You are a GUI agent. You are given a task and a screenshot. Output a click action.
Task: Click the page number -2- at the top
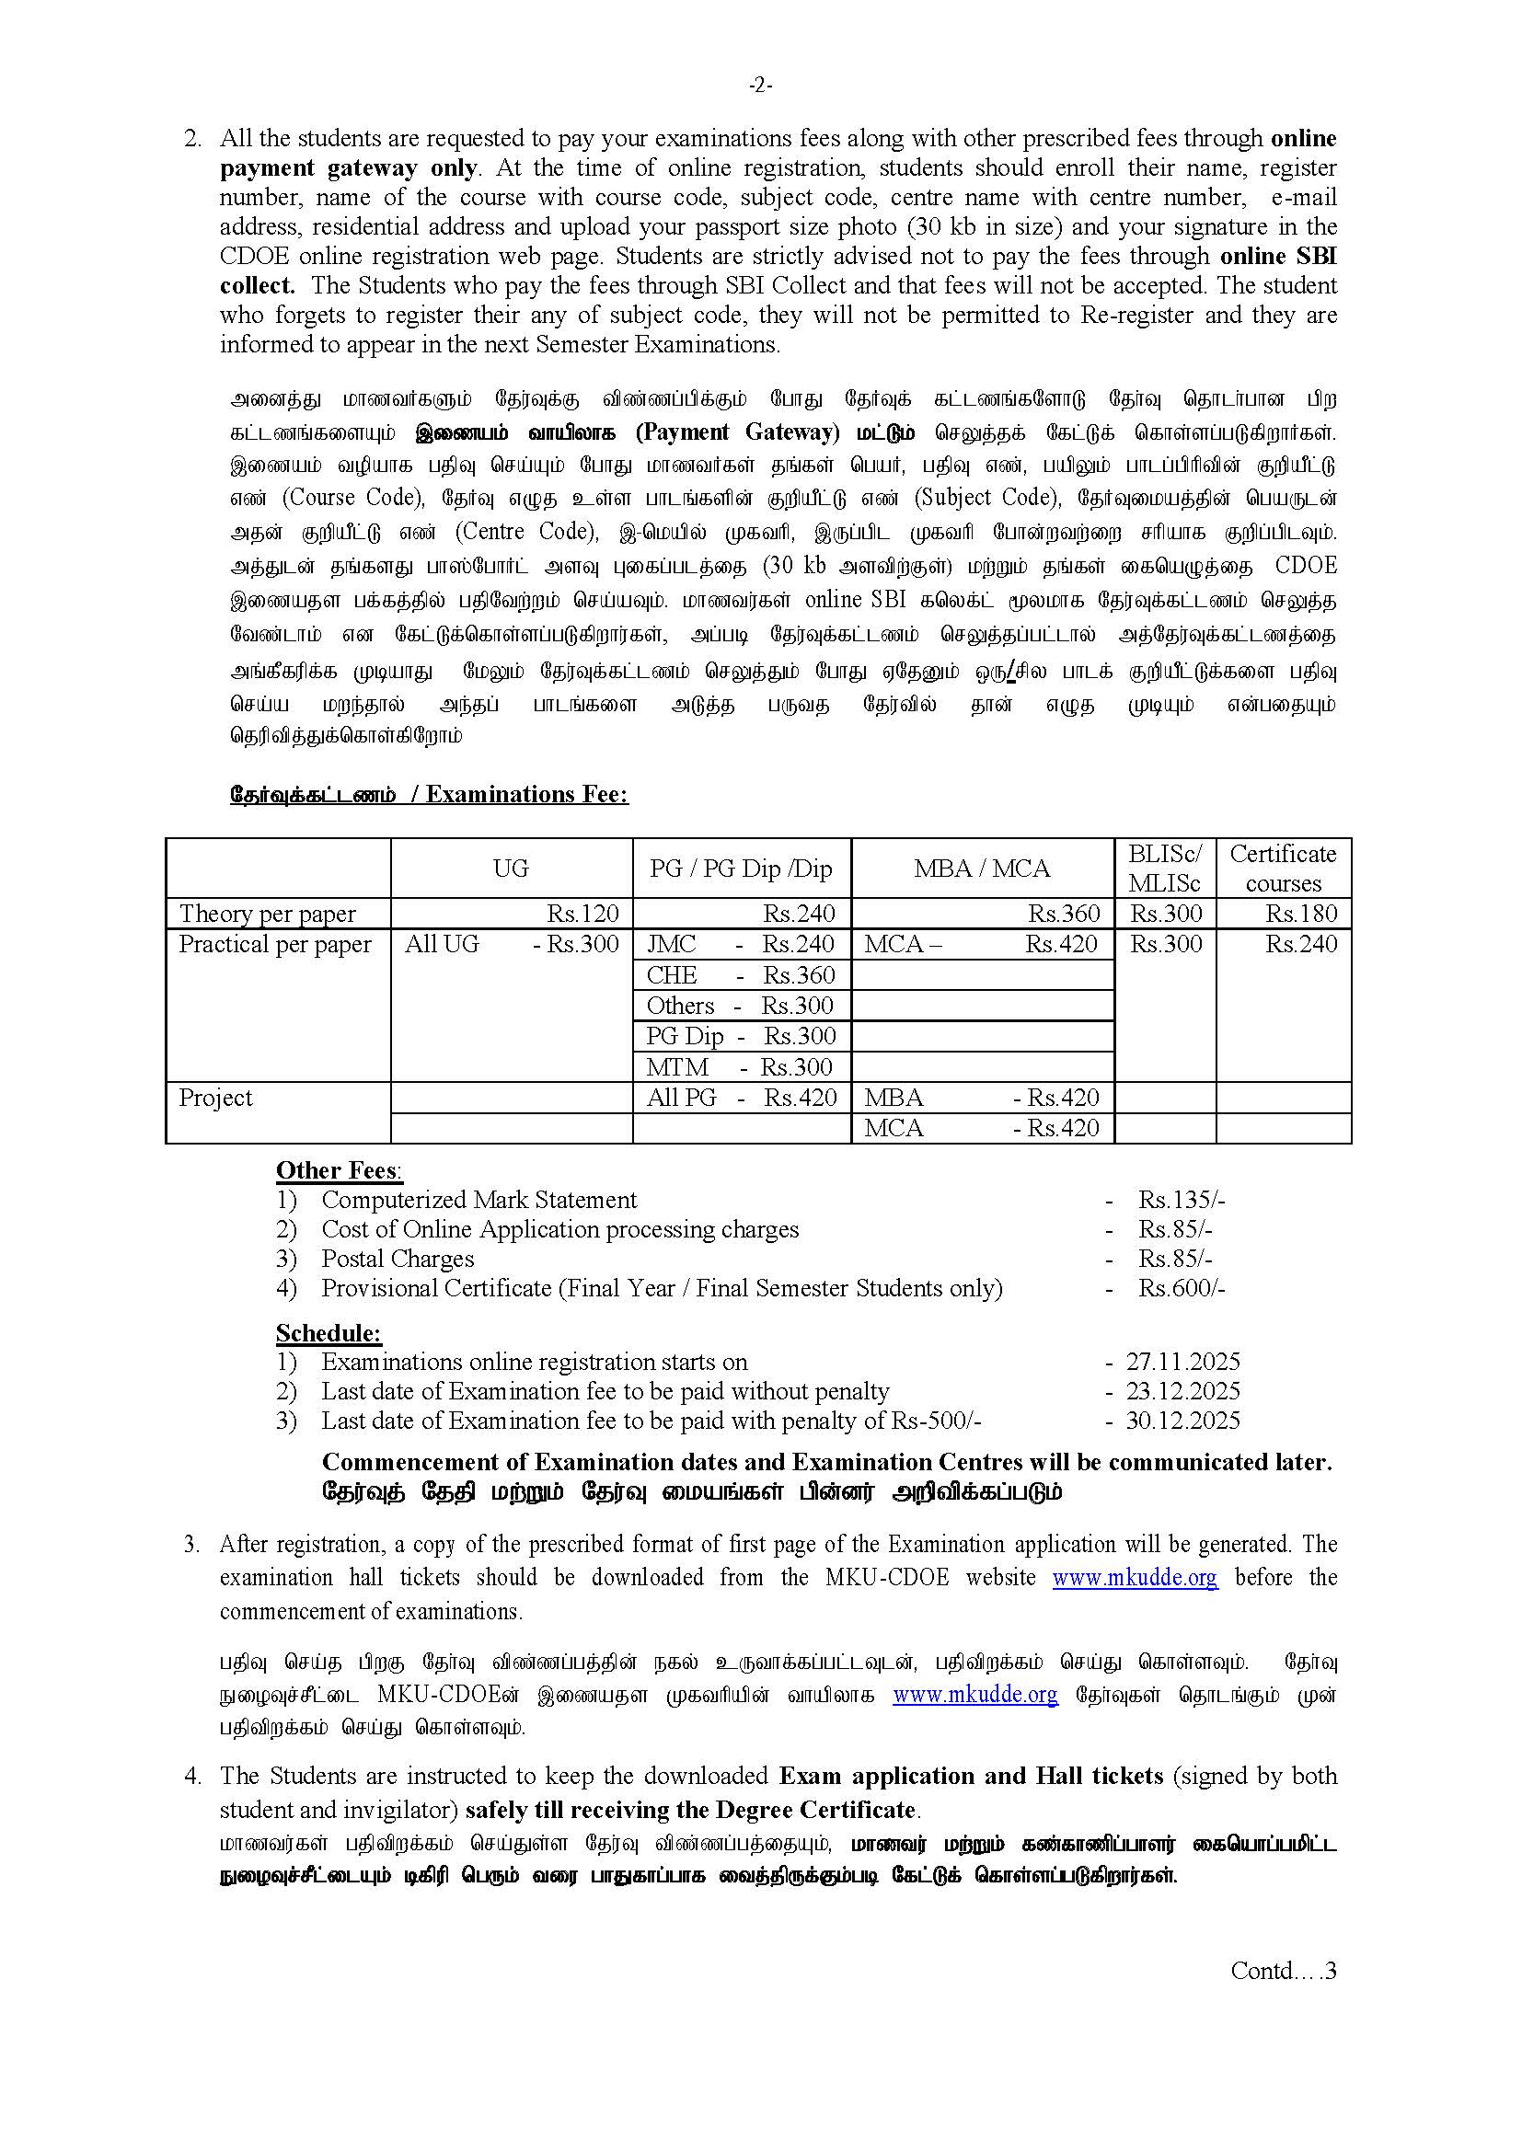pyautogui.click(x=760, y=86)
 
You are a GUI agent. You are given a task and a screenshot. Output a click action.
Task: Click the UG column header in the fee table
pyautogui.click(x=511, y=869)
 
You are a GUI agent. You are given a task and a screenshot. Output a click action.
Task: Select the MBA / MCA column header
pyautogui.click(x=981, y=869)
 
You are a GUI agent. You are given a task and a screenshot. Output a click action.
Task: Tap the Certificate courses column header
pyautogui.click(x=1282, y=868)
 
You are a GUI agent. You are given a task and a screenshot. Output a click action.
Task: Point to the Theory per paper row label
pyautogui.click(x=267, y=914)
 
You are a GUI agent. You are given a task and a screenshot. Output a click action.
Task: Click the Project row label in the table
pyautogui.click(x=215, y=1098)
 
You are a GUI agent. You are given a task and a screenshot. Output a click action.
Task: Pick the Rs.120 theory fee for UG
pyautogui.click(x=582, y=914)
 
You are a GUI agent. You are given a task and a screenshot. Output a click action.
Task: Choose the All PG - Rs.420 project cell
pyautogui.click(x=741, y=1098)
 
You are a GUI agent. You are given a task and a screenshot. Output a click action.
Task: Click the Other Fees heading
pyautogui.click(x=339, y=1170)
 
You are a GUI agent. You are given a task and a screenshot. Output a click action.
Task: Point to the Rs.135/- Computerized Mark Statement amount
pyautogui.click(x=1181, y=1200)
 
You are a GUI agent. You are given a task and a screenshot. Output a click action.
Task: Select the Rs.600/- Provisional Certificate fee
pyautogui.click(x=1181, y=1288)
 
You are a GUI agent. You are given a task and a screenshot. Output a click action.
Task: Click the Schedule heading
pyautogui.click(x=328, y=1333)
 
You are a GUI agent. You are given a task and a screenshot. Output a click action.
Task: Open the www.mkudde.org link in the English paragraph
pyautogui.click(x=1134, y=1578)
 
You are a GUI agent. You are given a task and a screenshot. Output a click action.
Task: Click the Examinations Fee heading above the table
pyautogui.click(x=428, y=794)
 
